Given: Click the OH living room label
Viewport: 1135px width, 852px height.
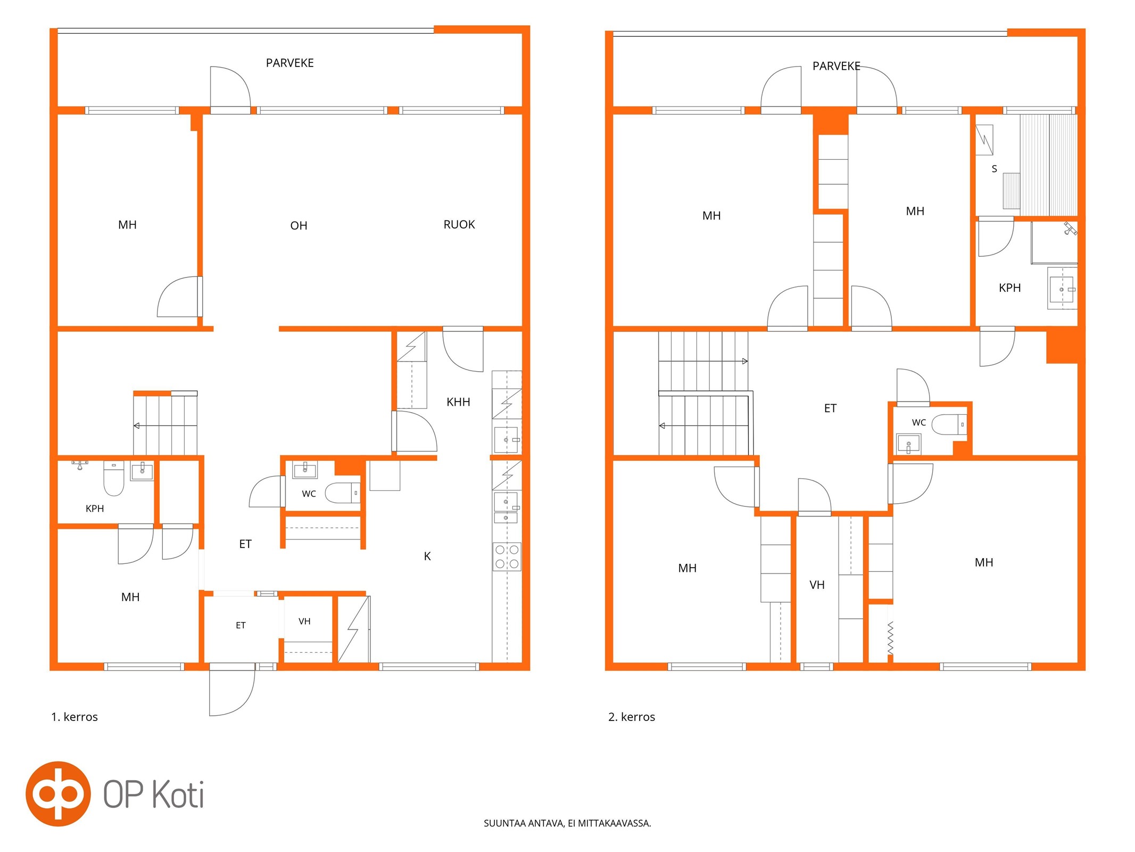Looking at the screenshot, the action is [299, 226].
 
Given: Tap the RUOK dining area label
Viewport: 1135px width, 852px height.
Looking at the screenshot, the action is [459, 225].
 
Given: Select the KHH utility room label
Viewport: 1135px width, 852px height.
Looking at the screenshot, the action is [458, 402].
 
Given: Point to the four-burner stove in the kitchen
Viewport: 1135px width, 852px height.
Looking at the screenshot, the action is [507, 556].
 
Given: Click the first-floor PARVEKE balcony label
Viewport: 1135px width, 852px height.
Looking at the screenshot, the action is [289, 63].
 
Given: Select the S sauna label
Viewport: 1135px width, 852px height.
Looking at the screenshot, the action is [994, 169].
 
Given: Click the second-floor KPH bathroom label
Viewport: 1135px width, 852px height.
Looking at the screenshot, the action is [1009, 288].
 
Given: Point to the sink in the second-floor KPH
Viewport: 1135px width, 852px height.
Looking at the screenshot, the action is [1062, 289].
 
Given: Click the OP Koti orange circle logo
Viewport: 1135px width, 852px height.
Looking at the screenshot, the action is [58, 793].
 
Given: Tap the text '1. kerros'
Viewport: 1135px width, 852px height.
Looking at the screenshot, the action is [74, 717].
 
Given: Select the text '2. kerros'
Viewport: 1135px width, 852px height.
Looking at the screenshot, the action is [632, 717].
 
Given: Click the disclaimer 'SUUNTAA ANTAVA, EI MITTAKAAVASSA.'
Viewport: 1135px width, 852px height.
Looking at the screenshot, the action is [567, 823].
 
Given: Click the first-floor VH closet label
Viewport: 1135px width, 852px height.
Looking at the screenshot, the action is [304, 621].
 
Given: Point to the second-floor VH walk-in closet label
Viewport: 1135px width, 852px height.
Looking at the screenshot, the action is [817, 585].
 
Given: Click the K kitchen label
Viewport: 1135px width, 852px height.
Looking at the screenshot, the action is [427, 556].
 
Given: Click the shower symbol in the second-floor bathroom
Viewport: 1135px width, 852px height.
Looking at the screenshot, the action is [1070, 228].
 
